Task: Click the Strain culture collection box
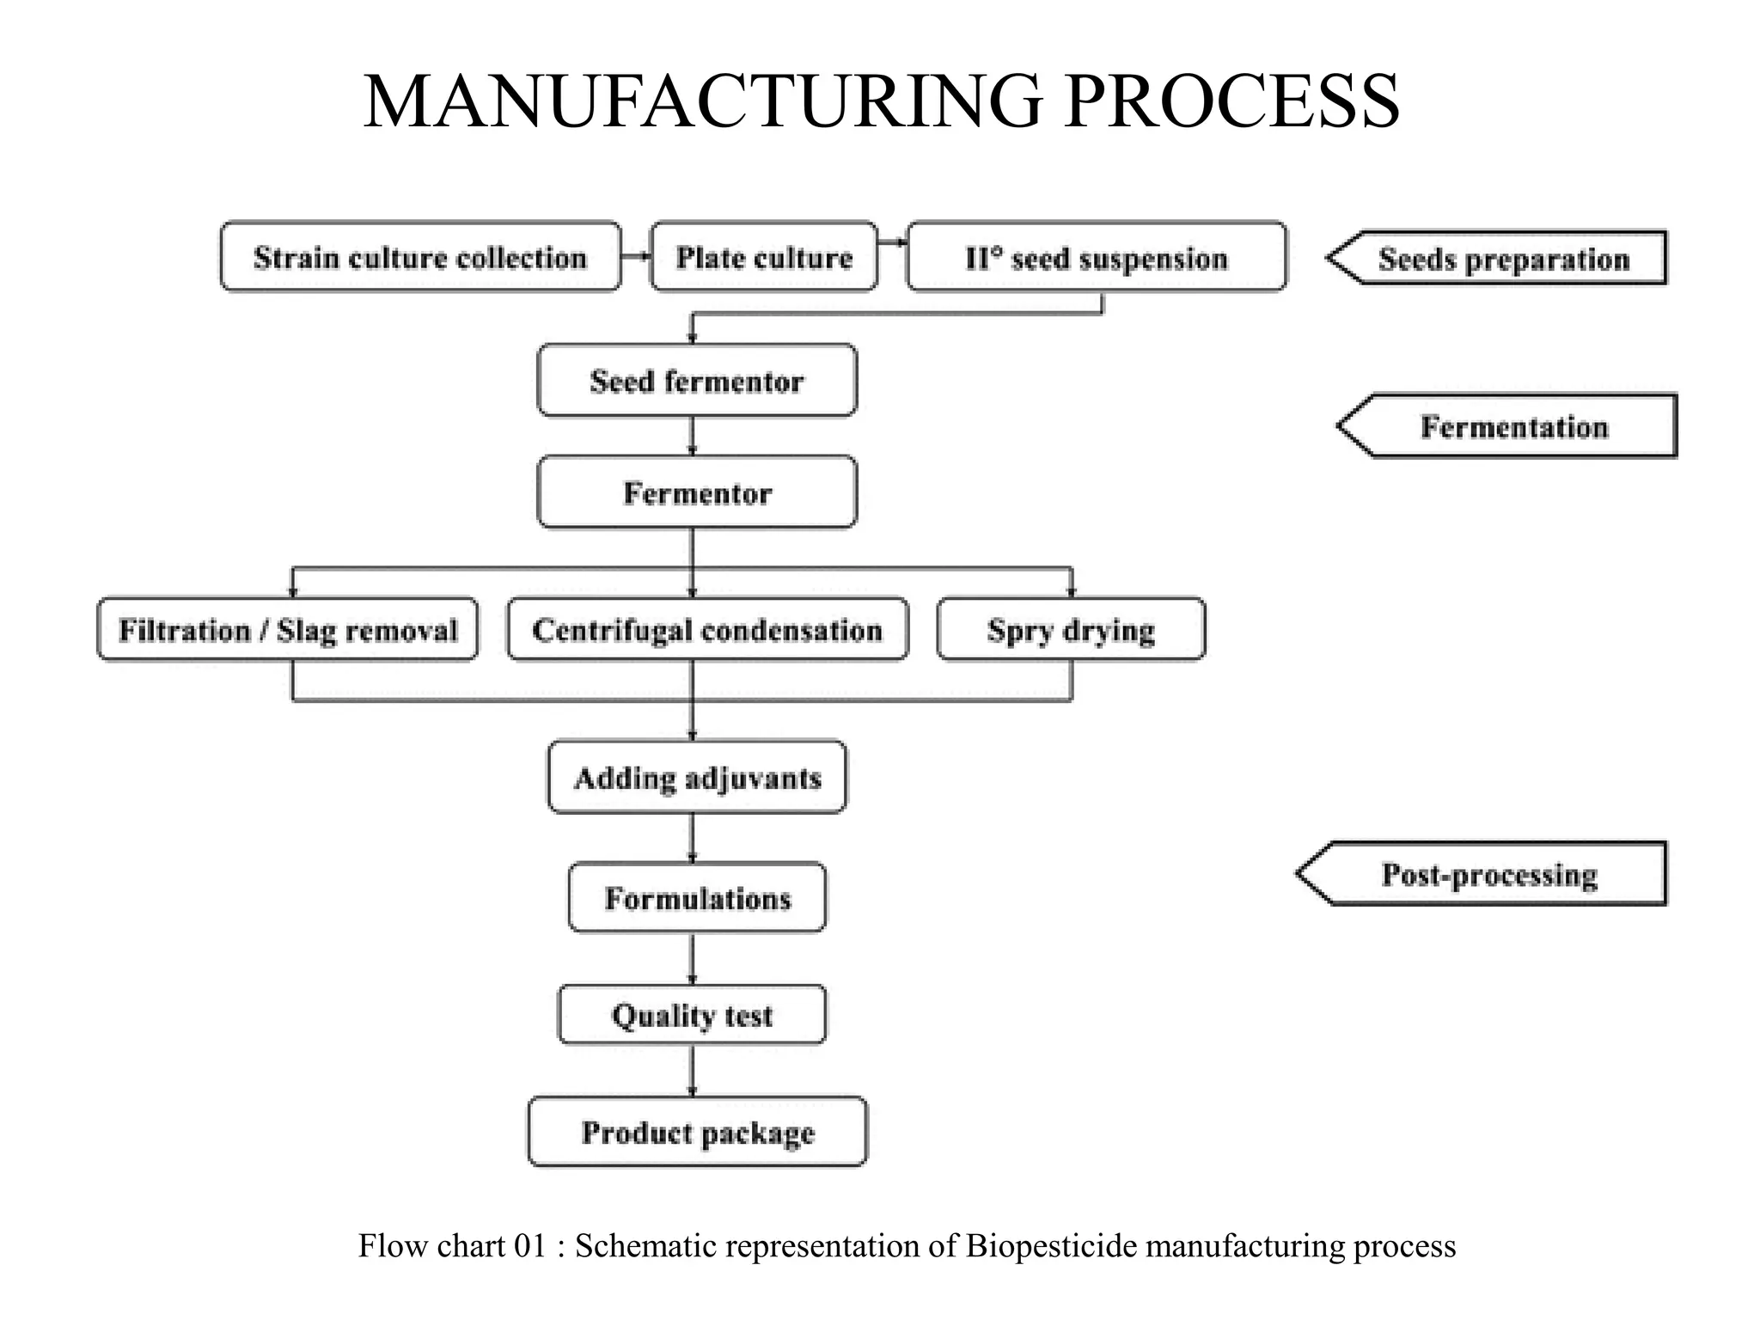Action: point(420,257)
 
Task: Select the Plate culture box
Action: point(764,257)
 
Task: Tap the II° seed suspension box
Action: point(1097,257)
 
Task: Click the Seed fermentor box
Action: point(697,381)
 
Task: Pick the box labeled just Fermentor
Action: point(697,492)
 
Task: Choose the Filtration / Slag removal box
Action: point(288,630)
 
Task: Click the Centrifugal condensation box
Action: point(707,630)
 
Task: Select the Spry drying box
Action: point(1071,630)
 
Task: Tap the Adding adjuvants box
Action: point(697,778)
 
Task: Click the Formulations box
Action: point(697,898)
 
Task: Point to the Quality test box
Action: point(692,1015)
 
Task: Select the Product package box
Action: point(697,1132)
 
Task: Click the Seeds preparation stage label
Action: point(1503,258)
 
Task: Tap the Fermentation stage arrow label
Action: point(1512,426)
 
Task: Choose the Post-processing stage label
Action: point(1488,874)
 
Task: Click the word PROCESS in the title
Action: point(1231,101)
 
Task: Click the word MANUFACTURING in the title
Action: point(703,101)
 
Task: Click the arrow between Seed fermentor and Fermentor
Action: point(693,437)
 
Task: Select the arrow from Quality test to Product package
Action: point(693,1070)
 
